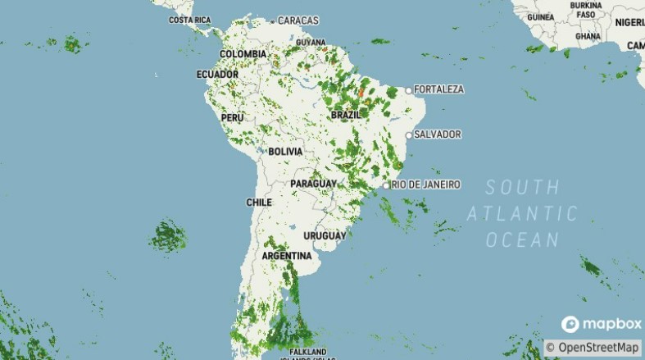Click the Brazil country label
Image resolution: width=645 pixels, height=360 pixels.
coord(346,116)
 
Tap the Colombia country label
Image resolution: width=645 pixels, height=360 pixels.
coord(243,54)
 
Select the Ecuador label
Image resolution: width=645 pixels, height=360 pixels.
coord(217,75)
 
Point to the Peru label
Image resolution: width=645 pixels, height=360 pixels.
coord(233,118)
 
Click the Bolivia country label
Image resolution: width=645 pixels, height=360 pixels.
coord(285,152)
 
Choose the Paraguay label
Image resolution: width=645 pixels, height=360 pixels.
coord(314,183)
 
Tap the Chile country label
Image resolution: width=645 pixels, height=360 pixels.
coord(259,202)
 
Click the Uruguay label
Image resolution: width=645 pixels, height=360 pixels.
coord(325,235)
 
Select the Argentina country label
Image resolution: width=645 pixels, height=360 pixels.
coord(287,256)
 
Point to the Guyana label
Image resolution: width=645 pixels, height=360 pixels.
coord(311,42)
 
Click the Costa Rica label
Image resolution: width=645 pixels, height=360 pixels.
coord(190,20)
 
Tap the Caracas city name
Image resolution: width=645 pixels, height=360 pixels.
coord(299,20)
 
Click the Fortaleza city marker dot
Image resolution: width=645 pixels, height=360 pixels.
coord(408,89)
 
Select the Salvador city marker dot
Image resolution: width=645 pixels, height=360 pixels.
coord(408,134)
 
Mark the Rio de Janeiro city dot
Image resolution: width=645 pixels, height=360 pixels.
coord(386,185)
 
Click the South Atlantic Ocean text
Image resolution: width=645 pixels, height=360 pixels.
coord(522,213)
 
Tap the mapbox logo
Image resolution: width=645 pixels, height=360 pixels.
coord(601,324)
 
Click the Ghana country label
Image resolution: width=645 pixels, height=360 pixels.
coord(588,36)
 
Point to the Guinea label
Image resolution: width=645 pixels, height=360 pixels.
coord(541,16)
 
